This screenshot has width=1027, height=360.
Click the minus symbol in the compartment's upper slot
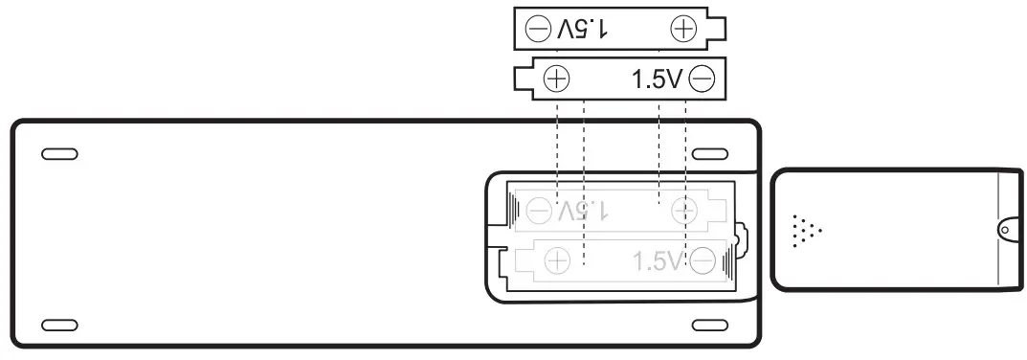pos(541,208)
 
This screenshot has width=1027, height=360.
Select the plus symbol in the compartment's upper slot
pos(683,208)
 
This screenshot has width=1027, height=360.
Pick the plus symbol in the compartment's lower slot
pos(557,259)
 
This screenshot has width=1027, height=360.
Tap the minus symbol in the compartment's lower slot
pos(703,259)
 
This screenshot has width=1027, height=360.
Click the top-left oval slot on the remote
pos(60,153)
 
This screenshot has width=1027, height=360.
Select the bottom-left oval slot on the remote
pos(60,325)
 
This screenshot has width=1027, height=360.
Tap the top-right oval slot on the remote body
pos(711,153)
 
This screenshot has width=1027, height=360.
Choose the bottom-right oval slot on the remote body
pos(711,325)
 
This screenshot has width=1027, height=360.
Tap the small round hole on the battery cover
pos(1004,230)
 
